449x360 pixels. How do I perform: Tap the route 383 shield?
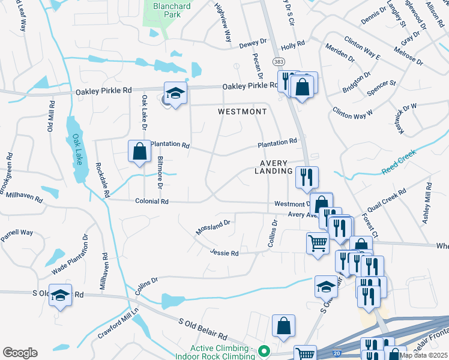(x=279, y=62)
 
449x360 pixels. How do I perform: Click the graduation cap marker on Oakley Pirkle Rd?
(x=175, y=93)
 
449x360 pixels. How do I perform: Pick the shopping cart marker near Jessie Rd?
(x=318, y=243)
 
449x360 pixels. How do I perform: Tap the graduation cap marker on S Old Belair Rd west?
(x=60, y=296)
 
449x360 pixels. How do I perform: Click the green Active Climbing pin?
(x=263, y=351)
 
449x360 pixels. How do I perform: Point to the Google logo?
(x=20, y=353)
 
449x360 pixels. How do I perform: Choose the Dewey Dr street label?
(x=253, y=43)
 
